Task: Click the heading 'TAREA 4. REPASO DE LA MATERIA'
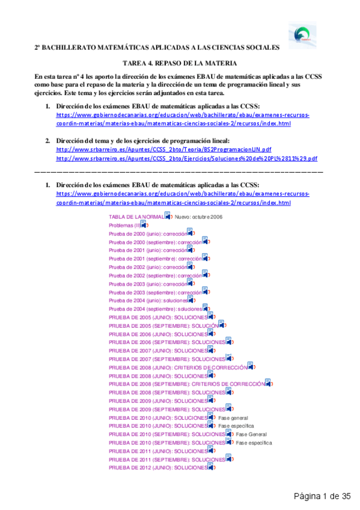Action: (180, 63)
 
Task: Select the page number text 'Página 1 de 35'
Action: (322, 496)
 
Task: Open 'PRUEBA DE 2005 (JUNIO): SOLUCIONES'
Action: (157, 317)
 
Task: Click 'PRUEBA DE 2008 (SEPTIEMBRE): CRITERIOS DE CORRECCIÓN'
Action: (186, 384)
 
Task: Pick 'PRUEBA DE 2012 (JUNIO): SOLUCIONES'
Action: (157, 467)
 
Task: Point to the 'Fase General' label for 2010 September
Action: (251, 434)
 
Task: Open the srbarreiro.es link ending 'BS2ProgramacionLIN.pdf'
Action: (163, 150)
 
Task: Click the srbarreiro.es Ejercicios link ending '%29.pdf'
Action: (186, 159)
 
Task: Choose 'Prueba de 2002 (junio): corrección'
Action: (147, 266)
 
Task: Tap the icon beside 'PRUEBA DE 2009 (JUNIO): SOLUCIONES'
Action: (212, 400)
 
